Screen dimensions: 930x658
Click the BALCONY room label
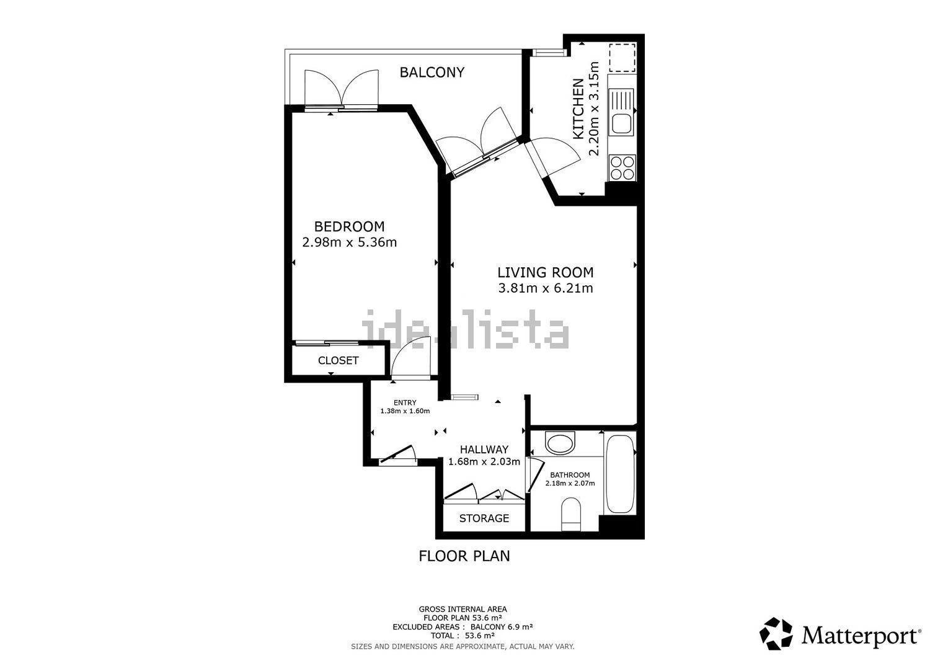click(432, 73)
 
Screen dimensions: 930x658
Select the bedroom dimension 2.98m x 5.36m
click(350, 242)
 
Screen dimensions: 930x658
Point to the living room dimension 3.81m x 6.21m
click(546, 288)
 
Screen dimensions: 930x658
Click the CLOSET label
click(339, 360)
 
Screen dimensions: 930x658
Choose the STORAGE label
click(484, 518)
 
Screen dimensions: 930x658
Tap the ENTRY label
click(405, 402)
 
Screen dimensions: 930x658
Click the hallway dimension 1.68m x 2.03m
click(484, 461)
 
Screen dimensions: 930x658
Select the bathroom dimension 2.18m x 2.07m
click(570, 483)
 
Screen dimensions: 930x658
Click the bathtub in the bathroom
click(620, 474)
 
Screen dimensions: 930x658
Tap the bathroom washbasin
click(560, 443)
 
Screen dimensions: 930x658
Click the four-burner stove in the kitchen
click(622, 168)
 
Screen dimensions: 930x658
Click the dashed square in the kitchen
click(622, 57)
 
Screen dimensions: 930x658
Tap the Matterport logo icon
click(776, 633)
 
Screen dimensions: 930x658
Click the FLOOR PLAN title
click(464, 556)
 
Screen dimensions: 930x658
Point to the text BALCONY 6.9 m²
click(501, 627)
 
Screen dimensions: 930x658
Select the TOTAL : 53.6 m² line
click(463, 636)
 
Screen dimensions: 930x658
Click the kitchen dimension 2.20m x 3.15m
click(594, 109)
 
